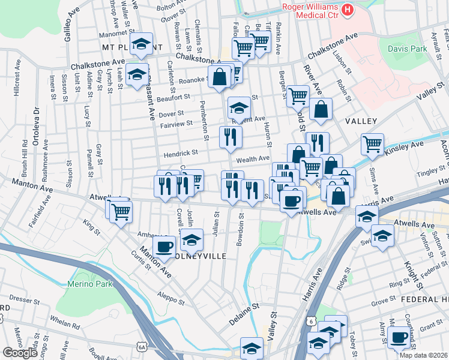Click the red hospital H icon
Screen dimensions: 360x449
click(x=348, y=10)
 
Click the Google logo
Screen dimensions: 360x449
click(x=20, y=353)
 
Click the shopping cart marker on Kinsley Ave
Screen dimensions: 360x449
click(x=372, y=144)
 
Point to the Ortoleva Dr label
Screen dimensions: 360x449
click(x=37, y=126)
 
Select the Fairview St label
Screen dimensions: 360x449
click(x=176, y=123)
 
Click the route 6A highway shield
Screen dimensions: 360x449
click(x=142, y=346)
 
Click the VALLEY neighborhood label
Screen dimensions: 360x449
click(x=361, y=121)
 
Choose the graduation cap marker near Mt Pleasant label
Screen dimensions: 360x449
click(x=142, y=44)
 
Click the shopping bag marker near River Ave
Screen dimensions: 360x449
click(x=321, y=110)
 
